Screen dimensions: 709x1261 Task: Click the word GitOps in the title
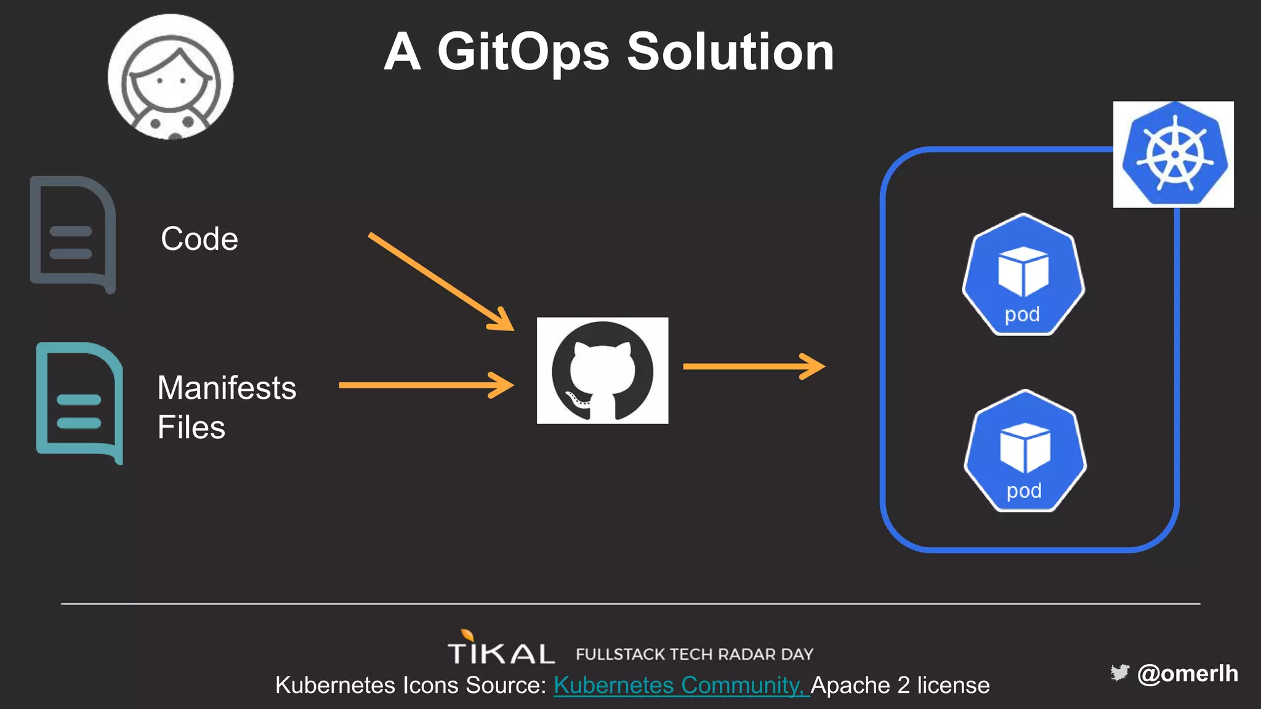[523, 53]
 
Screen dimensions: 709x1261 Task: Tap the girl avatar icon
[171, 78]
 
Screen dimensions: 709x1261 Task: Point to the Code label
[199, 239]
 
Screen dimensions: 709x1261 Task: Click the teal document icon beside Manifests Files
[79, 403]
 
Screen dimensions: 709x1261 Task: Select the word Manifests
[227, 388]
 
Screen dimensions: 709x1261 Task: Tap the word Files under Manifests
[191, 428]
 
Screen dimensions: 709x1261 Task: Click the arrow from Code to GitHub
[440, 281]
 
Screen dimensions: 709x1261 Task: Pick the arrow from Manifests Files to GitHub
[425, 385]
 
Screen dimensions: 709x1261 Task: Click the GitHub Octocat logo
[602, 371]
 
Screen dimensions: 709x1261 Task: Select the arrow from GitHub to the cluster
[753, 366]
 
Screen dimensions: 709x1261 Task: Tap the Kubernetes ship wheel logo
[1174, 154]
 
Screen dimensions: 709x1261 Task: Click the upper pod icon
[1023, 274]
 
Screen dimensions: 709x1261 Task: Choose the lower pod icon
[1025, 451]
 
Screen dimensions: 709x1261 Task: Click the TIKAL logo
[500, 649]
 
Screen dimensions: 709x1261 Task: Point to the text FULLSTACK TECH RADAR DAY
[695, 654]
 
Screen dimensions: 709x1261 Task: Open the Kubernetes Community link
[680, 686]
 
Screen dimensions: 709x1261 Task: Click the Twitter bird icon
[1119, 673]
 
